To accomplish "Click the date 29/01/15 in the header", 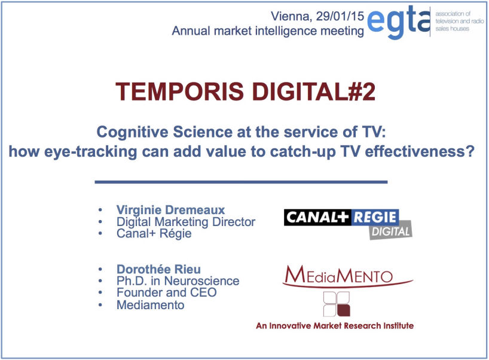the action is pyautogui.click(x=340, y=16).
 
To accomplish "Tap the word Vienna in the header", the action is pyautogui.click(x=291, y=17).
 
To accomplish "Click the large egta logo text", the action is pyautogui.click(x=399, y=22).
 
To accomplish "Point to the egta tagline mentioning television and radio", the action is pyautogui.click(x=459, y=21).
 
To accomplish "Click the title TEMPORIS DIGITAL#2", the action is pyautogui.click(x=245, y=91).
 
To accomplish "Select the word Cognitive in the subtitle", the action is pyautogui.click(x=132, y=132).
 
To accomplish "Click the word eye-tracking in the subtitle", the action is pyautogui.click(x=90, y=152).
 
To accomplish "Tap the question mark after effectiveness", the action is pyautogui.click(x=470, y=151).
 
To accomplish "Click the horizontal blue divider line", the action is pyautogui.click(x=241, y=182).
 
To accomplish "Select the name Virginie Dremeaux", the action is pyautogui.click(x=170, y=210).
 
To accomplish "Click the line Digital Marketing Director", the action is pyautogui.click(x=186, y=222).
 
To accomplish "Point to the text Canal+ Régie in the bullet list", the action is pyautogui.click(x=154, y=233).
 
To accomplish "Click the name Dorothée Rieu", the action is pyautogui.click(x=158, y=269).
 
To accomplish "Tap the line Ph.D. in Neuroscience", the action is pyautogui.click(x=178, y=280).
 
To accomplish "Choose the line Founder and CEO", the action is pyautogui.click(x=167, y=292).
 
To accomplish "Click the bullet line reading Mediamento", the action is pyautogui.click(x=150, y=305).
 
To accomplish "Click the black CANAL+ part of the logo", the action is pyautogui.click(x=317, y=217).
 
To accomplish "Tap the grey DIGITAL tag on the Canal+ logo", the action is pyautogui.click(x=391, y=231).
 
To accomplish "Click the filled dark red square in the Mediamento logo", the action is pyautogui.click(x=344, y=311).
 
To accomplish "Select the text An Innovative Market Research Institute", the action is pyautogui.click(x=335, y=326).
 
